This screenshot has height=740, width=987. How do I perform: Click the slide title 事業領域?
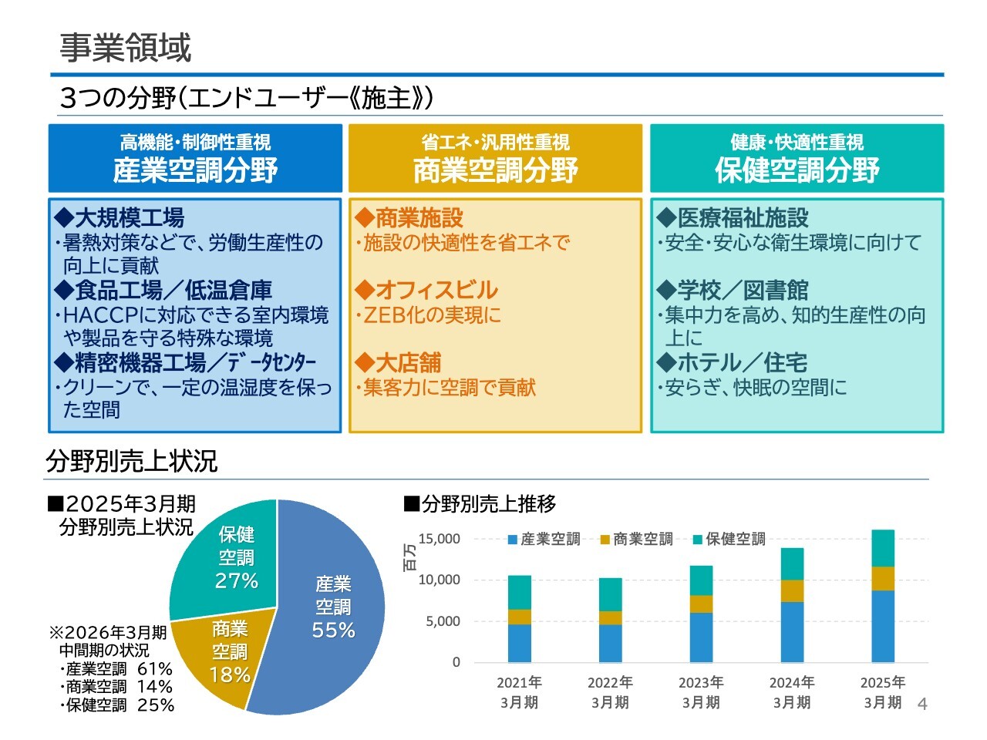[x=125, y=48]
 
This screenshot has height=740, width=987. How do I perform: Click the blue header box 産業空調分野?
[x=195, y=159]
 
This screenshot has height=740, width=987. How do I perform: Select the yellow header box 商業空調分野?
[x=495, y=159]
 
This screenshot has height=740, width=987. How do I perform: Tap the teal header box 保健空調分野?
[x=797, y=159]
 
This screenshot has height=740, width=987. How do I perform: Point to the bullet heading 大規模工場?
[x=129, y=218]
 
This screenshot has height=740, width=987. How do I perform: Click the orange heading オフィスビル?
[x=436, y=290]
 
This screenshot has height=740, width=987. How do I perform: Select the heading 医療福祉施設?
[x=743, y=218]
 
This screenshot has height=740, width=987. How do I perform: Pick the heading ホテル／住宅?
[x=742, y=362]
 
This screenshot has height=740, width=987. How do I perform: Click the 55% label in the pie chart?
[x=333, y=630]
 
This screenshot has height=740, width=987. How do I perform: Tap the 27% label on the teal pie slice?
[x=236, y=580]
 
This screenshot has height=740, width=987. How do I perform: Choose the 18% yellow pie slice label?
[x=230, y=675]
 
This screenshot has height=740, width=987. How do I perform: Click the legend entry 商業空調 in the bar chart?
[x=642, y=540]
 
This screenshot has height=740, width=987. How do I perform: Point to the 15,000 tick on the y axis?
[x=439, y=539]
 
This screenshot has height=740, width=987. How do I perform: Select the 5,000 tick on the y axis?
[x=443, y=621]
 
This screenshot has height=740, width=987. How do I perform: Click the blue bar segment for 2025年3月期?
[x=883, y=626]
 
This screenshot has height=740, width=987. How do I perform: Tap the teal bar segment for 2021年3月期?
[x=519, y=592]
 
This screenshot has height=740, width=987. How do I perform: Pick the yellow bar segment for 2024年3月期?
[x=792, y=590]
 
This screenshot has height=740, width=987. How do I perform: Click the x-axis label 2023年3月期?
[x=701, y=692]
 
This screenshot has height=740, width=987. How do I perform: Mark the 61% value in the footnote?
[x=155, y=668]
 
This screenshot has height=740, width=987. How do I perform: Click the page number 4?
[x=922, y=704]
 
